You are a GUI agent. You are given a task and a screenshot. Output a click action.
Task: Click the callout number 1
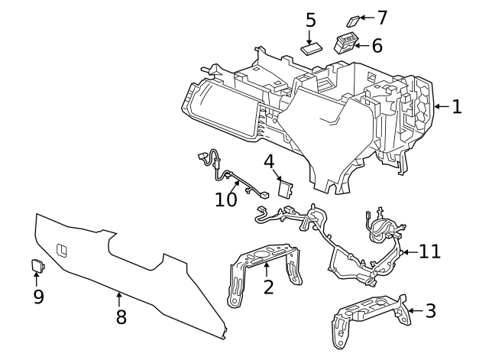456,107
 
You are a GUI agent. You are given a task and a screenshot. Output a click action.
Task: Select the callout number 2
267,287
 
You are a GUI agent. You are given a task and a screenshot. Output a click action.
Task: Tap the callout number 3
430,310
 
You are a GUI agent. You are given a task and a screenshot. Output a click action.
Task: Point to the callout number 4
270,161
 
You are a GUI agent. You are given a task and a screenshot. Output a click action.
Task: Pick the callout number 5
310,20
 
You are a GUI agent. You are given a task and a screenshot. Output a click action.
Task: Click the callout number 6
376,45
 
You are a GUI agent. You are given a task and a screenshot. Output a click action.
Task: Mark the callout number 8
121,316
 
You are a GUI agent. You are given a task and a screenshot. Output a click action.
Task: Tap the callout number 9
38,296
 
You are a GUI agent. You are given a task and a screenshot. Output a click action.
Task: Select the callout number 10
226,199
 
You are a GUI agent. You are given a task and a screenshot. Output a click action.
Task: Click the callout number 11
430,251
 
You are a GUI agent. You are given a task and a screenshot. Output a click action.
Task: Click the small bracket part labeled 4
287,188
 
